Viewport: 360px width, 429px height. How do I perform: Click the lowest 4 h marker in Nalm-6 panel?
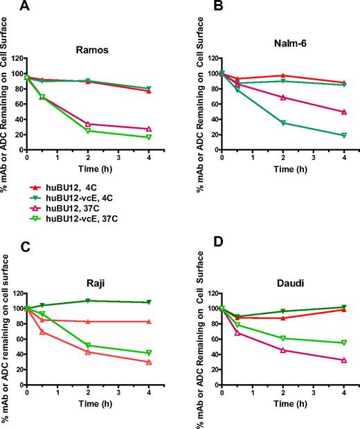[x=344, y=135]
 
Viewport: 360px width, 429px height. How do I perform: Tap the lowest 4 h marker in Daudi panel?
[x=344, y=360]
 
